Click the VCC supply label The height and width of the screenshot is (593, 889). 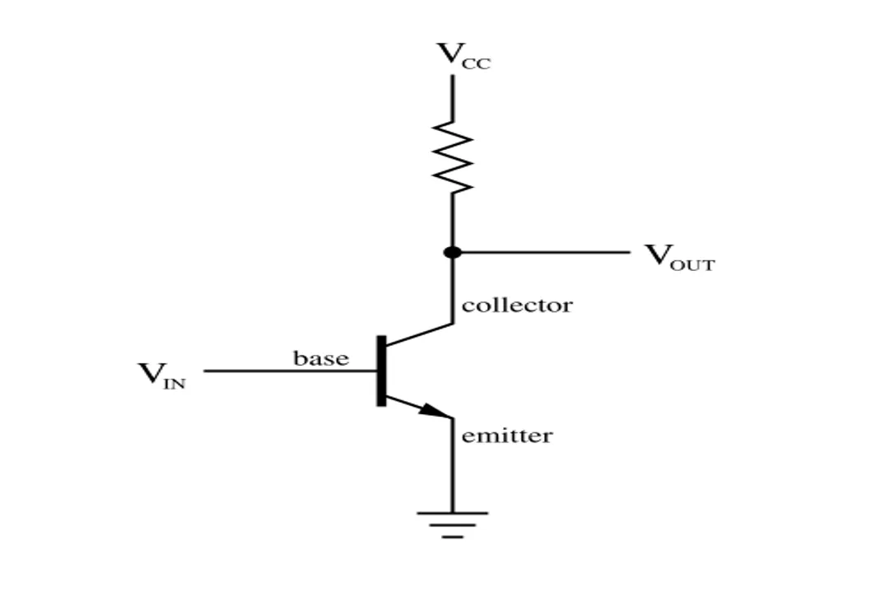point(463,55)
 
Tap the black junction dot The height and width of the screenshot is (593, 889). point(452,252)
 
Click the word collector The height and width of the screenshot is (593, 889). point(517,306)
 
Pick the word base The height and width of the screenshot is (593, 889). point(321,358)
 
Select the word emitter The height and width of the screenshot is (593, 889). point(507,435)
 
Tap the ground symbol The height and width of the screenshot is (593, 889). point(452,524)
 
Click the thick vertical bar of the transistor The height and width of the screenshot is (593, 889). point(381,371)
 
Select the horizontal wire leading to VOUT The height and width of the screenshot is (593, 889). point(543,252)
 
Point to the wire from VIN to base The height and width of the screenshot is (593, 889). point(288,371)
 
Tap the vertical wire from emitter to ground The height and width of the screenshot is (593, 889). point(452,469)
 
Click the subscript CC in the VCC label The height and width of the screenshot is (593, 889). point(478,63)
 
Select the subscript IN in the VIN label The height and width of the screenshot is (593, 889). point(175,384)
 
